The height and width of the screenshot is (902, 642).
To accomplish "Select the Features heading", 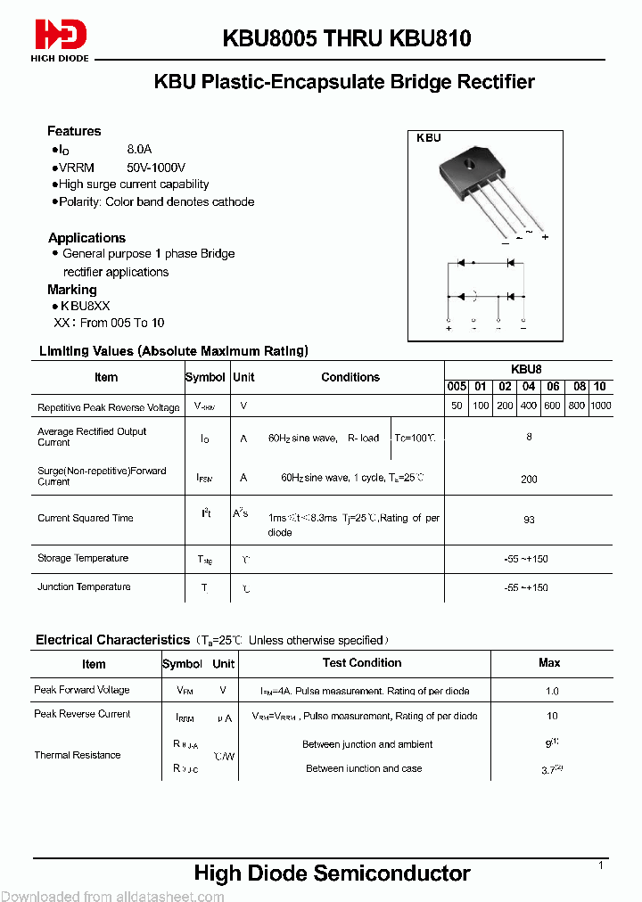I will (x=74, y=131).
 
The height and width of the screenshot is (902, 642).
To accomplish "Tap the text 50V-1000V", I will (x=157, y=168).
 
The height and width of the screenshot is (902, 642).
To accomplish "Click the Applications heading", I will (x=86, y=238).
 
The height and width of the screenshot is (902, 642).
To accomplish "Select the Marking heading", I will (x=72, y=290).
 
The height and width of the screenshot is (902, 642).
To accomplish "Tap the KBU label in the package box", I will (x=429, y=138).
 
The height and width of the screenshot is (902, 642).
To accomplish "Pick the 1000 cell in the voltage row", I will (x=601, y=406).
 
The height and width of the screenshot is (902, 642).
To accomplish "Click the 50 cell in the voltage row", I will (x=457, y=406).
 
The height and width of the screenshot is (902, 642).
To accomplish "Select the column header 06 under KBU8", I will (x=553, y=386).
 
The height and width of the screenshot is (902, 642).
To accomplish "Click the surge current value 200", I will (x=529, y=479).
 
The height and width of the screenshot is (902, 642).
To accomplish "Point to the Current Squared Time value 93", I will (x=529, y=518).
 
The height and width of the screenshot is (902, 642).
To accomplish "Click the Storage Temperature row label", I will (x=83, y=558).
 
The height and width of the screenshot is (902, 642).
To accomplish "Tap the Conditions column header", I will (x=350, y=377).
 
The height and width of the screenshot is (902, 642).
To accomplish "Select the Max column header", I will (x=549, y=662).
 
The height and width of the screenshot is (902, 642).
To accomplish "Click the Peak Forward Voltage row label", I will (x=82, y=690).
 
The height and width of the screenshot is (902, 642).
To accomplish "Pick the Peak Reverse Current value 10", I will (x=552, y=716).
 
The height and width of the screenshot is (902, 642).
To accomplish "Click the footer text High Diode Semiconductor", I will (x=332, y=873).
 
